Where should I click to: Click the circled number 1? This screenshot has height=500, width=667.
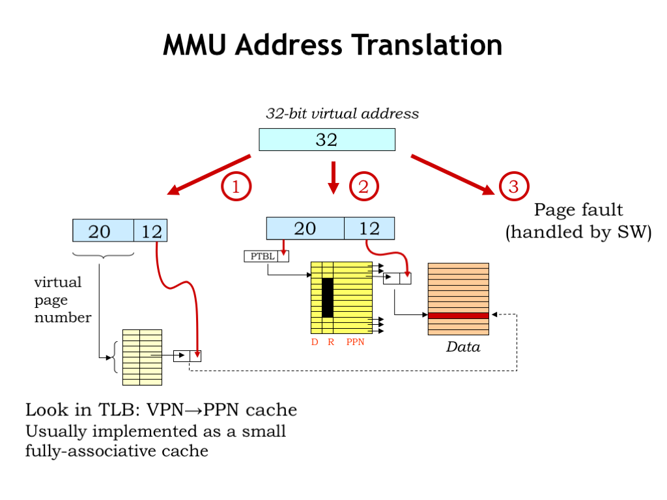(x=236, y=187)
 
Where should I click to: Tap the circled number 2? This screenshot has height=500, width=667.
(x=363, y=187)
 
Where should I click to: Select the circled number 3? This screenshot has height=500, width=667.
(x=513, y=187)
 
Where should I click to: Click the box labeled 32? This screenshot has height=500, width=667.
(x=327, y=139)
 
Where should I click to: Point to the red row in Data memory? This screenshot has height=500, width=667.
(x=459, y=316)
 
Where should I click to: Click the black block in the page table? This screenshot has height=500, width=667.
(x=328, y=298)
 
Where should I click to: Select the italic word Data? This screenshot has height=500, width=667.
(x=462, y=347)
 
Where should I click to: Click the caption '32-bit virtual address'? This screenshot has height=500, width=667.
(x=342, y=114)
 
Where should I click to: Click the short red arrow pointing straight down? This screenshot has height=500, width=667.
(x=333, y=178)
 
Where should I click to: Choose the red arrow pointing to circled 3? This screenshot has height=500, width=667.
(x=452, y=174)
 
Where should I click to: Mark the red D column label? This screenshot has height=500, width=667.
(x=315, y=342)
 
